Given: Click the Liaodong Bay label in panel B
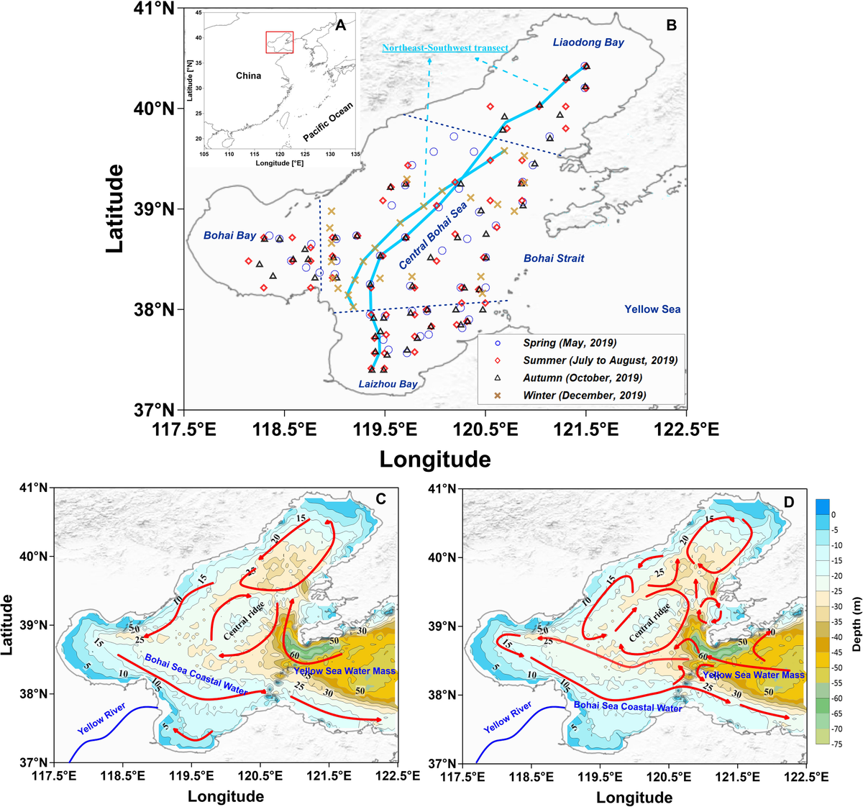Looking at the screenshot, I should [588, 42].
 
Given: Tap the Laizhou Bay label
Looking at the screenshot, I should [388, 384].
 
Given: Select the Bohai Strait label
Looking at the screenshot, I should [554, 258].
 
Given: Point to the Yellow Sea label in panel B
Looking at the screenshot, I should [652, 309].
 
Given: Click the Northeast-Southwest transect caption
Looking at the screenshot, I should [444, 48].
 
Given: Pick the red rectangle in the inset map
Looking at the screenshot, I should [279, 42].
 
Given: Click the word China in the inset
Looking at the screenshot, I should [249, 76].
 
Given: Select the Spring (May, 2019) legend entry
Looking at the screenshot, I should [570, 343].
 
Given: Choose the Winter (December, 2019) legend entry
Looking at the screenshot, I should [584, 395].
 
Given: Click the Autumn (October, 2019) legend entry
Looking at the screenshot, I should [583, 378].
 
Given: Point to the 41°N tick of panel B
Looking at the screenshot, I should [158, 9].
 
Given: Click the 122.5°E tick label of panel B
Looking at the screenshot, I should [687, 429].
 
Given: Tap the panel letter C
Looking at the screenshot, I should [382, 498].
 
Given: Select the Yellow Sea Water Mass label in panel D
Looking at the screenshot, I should [753, 675].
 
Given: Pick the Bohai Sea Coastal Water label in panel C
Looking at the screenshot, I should [196, 675].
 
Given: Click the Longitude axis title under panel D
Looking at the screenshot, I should [634, 797].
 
